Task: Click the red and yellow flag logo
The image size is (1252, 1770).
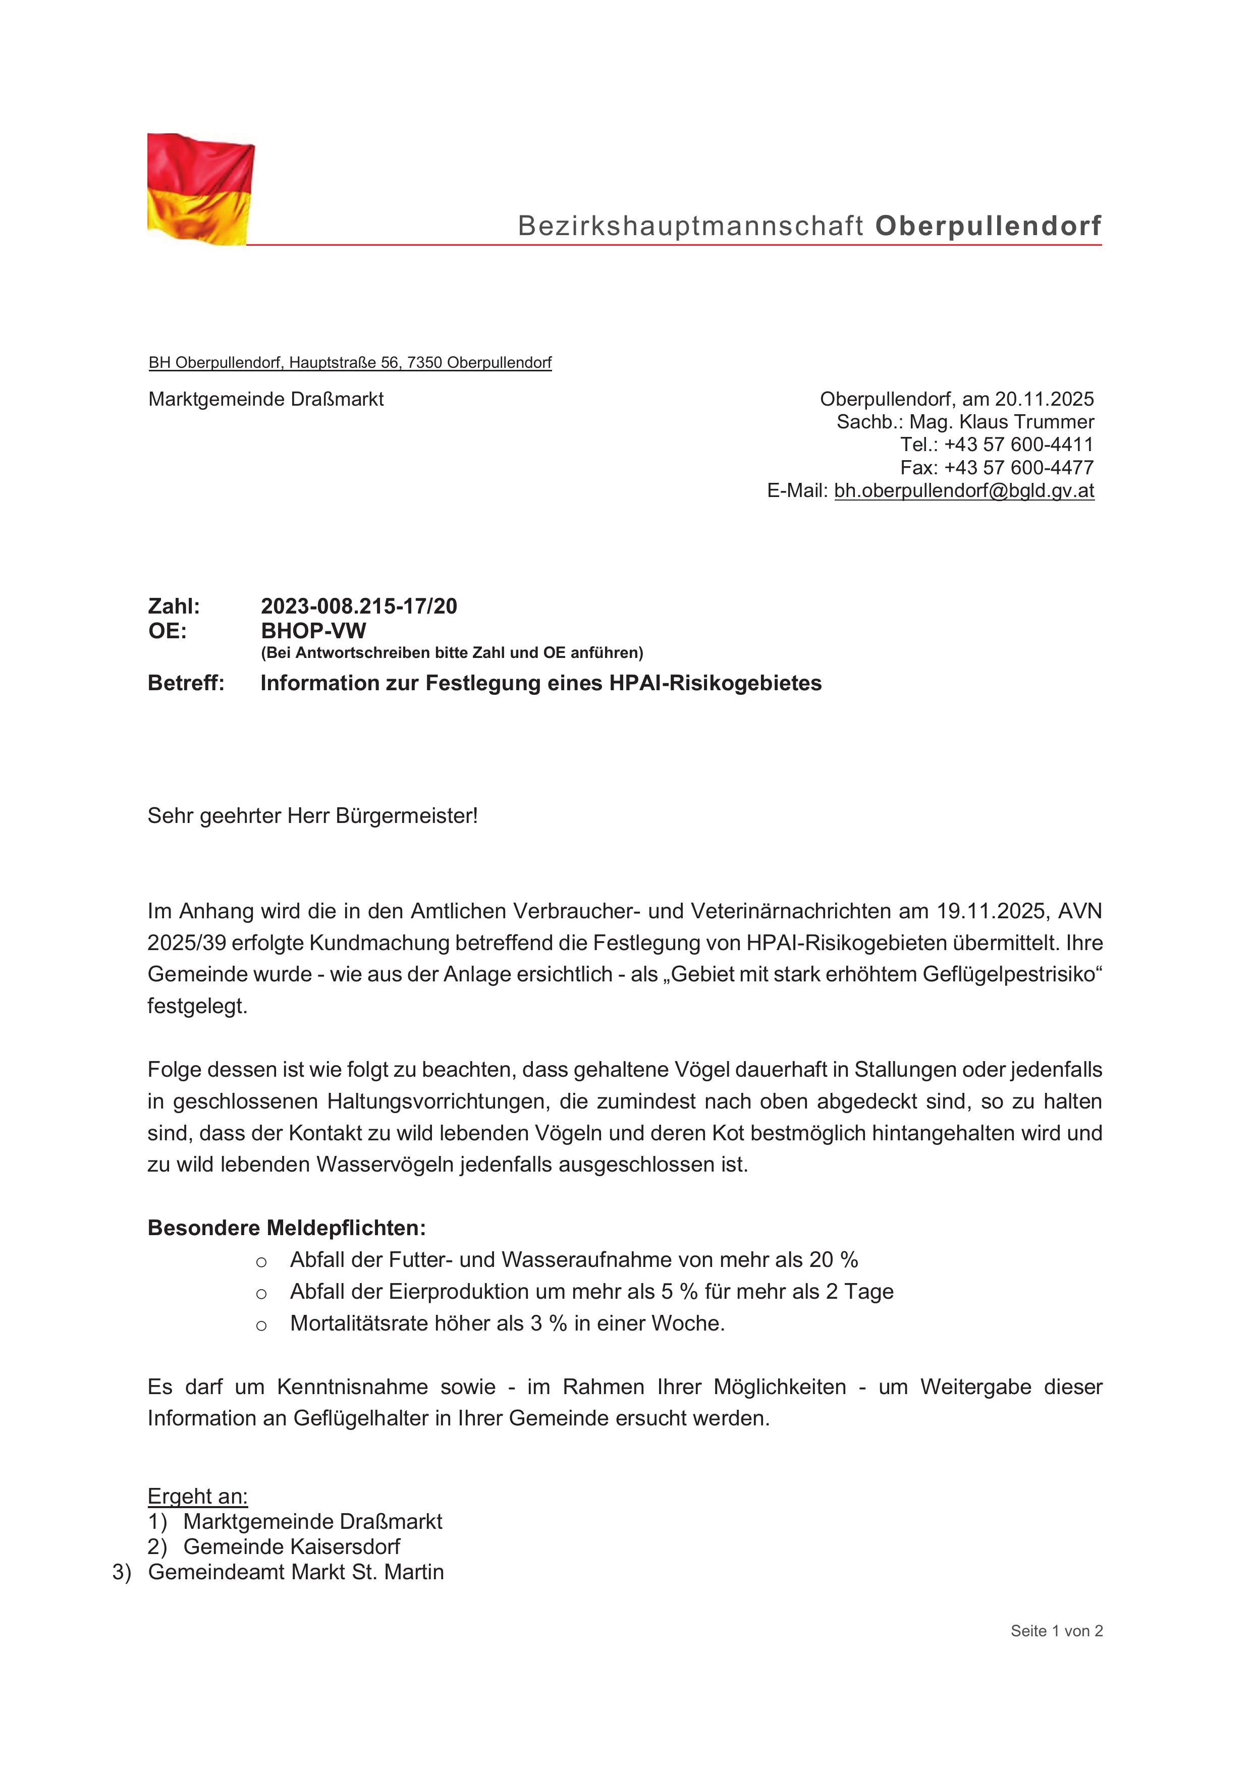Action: [200, 189]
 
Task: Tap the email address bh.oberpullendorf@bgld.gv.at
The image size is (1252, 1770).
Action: [964, 490]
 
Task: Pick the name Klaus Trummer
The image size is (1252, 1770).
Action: [1026, 422]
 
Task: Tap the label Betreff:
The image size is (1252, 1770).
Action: [186, 683]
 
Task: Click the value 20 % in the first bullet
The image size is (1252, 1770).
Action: [833, 1260]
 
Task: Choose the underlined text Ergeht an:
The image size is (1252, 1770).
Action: [197, 1497]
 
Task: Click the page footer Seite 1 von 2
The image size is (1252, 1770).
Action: [1056, 1630]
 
